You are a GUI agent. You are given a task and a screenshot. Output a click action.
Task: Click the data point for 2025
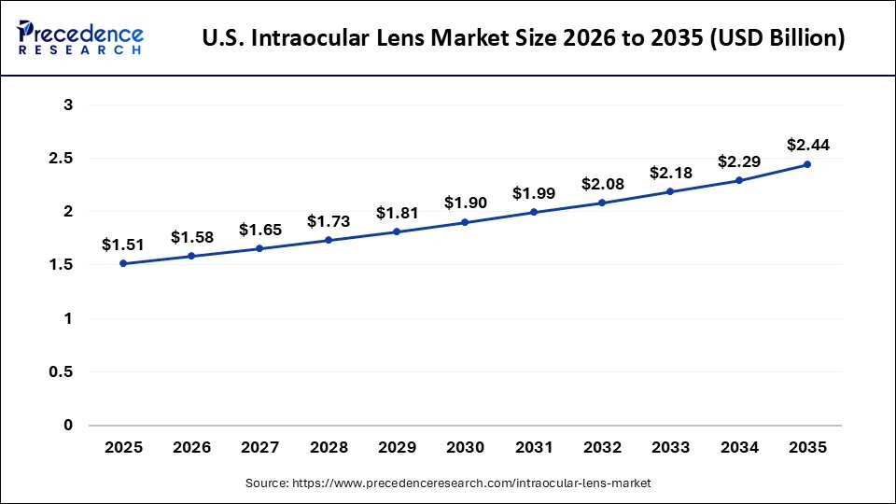tap(123, 263)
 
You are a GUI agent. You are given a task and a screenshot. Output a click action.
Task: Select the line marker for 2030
tap(465, 222)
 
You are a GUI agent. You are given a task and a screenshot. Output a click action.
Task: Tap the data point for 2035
tap(806, 164)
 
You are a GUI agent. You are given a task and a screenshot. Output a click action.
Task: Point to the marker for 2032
tap(602, 203)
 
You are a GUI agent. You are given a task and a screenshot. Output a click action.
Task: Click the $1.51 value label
tap(123, 245)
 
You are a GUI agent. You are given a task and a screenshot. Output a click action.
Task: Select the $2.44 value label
tap(807, 145)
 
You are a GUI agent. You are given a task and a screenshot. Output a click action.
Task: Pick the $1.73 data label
tap(329, 222)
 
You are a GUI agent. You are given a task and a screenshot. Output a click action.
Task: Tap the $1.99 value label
tap(534, 193)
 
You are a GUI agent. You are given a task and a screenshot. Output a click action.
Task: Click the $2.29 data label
tap(739, 161)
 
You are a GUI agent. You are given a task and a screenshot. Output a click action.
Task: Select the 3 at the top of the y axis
tap(68, 105)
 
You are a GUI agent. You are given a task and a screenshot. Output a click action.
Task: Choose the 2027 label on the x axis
tap(259, 448)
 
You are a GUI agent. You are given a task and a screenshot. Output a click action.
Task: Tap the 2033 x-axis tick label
tap(670, 448)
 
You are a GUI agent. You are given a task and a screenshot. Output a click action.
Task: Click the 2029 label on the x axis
tap(397, 448)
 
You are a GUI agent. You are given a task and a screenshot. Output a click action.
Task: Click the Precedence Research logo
tap(80, 37)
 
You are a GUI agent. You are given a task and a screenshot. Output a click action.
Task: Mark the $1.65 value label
tap(259, 230)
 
